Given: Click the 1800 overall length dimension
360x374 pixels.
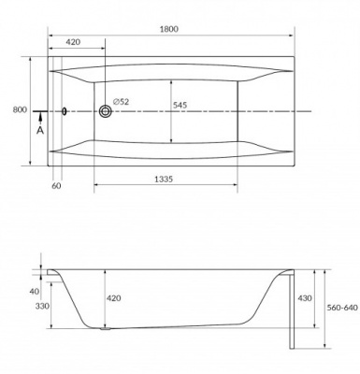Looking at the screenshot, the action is coord(169,29).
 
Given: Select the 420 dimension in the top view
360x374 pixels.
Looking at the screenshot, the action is coord(73,42).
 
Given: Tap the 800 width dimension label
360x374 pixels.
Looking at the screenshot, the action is coord(20,109).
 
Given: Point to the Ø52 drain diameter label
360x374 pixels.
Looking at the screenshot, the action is coord(121,102).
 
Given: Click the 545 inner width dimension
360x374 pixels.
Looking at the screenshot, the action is coord(180,105).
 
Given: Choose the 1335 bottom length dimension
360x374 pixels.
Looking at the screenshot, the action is coord(164,180).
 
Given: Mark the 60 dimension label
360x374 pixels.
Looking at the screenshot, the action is coord(56,186).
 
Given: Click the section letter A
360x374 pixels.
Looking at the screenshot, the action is coord(40,130).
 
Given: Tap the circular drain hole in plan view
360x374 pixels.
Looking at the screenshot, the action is coord(106,111).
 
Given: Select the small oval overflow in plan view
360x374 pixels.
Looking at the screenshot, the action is coord(64,111).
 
